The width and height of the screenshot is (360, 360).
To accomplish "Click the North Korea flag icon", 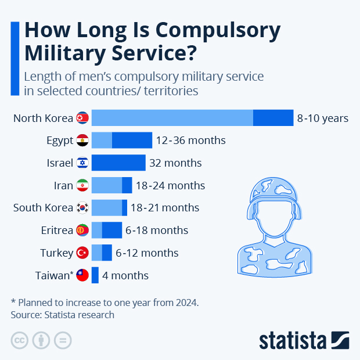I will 82,118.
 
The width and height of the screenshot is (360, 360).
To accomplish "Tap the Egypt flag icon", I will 82,140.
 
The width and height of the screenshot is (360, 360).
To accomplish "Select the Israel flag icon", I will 82,163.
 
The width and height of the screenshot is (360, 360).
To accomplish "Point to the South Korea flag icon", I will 82,207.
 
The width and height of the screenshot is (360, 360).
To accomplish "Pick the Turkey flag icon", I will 82,253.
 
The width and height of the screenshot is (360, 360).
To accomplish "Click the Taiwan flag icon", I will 82,275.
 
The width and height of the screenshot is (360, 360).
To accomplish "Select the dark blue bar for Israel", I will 118,163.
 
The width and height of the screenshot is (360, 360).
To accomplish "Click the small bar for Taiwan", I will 95,275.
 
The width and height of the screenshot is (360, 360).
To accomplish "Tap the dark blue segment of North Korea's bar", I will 273,118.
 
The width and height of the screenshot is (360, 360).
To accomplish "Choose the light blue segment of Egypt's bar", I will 102,140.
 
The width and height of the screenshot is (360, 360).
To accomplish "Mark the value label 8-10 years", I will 323,118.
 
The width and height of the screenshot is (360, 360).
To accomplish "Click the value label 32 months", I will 175,163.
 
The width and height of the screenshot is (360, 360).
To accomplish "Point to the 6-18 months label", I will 157,230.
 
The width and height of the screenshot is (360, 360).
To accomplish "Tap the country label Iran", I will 63,185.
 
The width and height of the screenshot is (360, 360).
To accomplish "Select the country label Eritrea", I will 57,230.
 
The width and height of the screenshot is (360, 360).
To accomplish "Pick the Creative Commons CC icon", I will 20,340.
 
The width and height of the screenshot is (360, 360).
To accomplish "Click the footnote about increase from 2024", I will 105,303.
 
